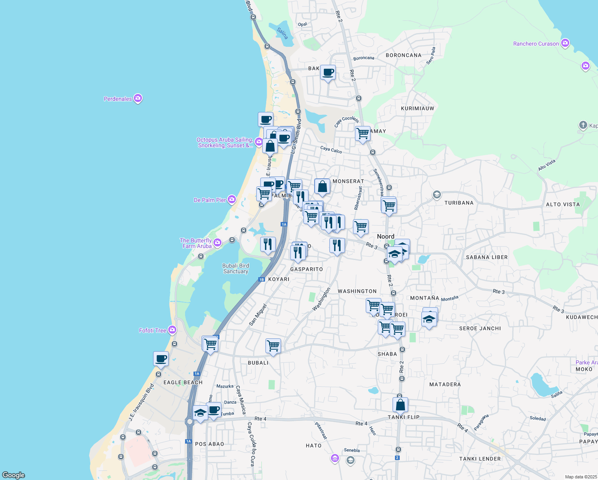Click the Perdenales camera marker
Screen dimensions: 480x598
tap(138, 98)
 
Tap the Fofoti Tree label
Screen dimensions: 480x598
tap(153, 330)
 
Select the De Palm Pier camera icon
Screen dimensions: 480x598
tap(232, 200)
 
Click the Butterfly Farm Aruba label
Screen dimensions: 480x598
tap(196, 243)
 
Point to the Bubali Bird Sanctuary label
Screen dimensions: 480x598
tap(235, 268)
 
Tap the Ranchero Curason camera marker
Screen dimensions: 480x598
tap(565, 43)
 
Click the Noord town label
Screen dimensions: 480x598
tap(385, 236)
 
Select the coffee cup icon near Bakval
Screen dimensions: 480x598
tap(328, 73)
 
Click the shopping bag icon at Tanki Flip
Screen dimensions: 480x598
tap(400, 405)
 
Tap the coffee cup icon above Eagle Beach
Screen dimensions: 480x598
tap(161, 359)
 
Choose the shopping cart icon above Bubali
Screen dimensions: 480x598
tap(273, 346)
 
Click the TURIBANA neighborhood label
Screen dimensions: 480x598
tap(459, 203)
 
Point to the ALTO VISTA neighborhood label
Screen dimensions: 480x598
tap(562, 204)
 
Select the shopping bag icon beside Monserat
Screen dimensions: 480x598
tap(322, 186)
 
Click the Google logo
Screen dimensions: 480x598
tap(13, 475)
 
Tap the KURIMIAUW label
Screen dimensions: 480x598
tap(417, 108)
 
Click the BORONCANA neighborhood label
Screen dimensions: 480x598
tap(403, 55)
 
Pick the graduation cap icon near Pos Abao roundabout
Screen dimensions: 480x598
tap(200, 413)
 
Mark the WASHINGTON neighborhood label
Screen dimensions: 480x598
tap(357, 291)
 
